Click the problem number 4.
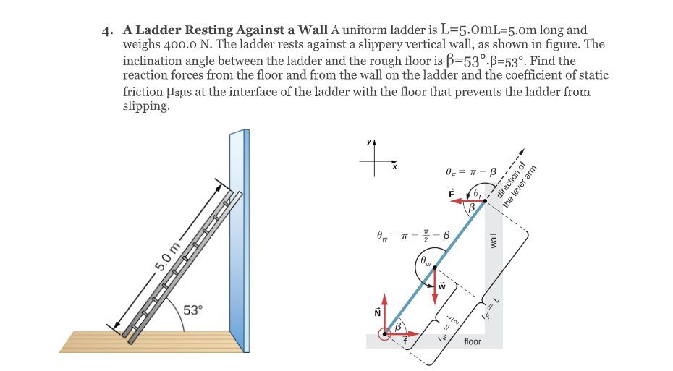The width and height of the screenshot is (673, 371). click(108, 31)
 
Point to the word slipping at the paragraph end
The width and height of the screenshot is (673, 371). click(146, 106)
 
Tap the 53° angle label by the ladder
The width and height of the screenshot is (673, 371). click(193, 310)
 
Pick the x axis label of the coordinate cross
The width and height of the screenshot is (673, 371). click(394, 167)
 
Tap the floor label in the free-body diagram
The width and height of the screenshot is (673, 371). click(473, 341)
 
